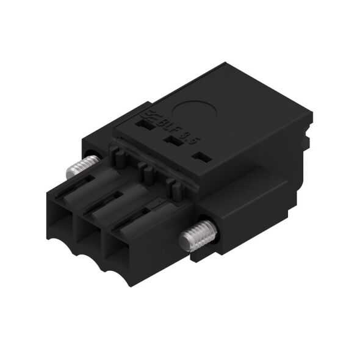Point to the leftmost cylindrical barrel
click(95, 183)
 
